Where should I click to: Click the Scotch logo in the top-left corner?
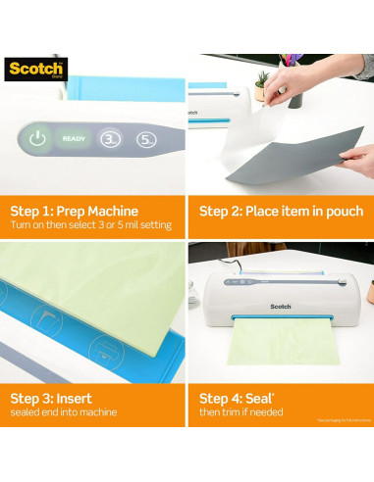point(36,70)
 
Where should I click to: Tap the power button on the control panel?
point(37,139)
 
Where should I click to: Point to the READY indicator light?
point(74,139)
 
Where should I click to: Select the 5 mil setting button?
point(146,139)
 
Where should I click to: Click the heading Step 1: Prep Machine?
point(74,211)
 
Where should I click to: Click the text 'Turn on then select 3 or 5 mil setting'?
point(90,225)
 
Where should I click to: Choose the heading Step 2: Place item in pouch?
point(281,211)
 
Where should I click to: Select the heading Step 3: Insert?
point(53,399)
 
